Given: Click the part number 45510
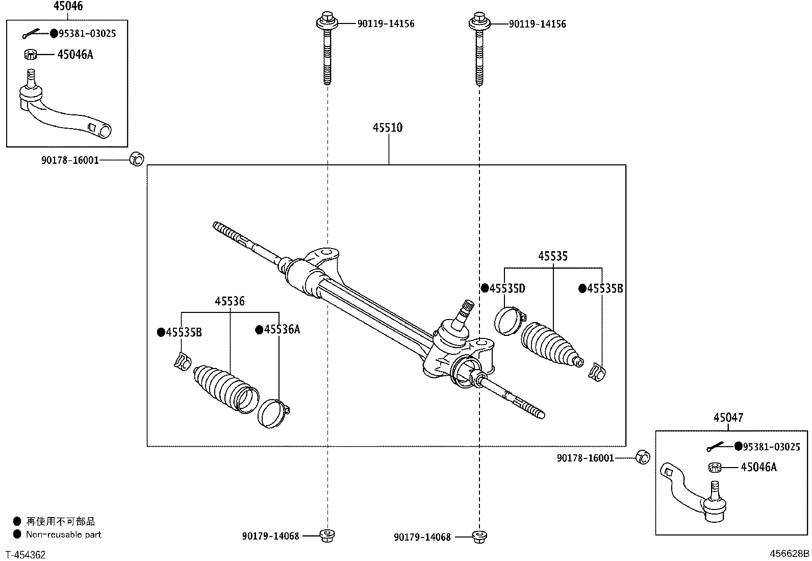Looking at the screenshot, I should (x=387, y=128).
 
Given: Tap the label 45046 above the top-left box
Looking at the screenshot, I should (x=68, y=6).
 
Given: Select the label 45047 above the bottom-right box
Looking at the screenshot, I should (x=728, y=418).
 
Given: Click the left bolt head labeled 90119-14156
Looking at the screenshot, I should (x=327, y=22).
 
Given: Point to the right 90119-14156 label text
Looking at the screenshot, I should (x=537, y=24).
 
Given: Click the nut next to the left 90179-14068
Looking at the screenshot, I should (x=326, y=535).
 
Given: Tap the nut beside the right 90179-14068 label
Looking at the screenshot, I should (x=478, y=536).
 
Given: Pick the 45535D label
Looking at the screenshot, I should (x=507, y=289).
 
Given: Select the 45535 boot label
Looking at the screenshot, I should (x=552, y=256).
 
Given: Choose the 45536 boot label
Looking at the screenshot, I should (x=230, y=302).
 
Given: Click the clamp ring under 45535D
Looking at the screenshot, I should (x=508, y=320).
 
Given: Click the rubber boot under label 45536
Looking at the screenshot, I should (x=224, y=386).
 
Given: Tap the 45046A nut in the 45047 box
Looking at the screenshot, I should (x=715, y=467).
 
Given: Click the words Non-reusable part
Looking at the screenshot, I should (x=64, y=535).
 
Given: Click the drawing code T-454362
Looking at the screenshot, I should (x=26, y=555).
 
